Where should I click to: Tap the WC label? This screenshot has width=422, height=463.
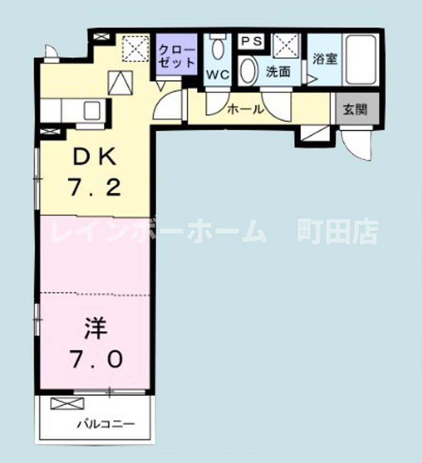tap(217, 75)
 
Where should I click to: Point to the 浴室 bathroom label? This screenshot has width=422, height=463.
tap(325, 58)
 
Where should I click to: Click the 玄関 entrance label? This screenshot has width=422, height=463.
tap(354, 109)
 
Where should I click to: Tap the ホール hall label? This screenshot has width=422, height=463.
tap(245, 109)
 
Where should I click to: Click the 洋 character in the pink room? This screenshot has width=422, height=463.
tap(95, 330)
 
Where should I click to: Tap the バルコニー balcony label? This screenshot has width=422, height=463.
tap(105, 424)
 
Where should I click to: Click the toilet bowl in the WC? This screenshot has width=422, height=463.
tap(218, 49)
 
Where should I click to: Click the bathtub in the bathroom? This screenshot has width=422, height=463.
tap(360, 59)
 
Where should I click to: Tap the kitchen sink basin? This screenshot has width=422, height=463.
tap(92, 110)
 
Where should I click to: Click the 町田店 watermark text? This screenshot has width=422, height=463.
tap(337, 232)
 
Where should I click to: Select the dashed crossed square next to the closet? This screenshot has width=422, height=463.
tap(135, 48)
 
